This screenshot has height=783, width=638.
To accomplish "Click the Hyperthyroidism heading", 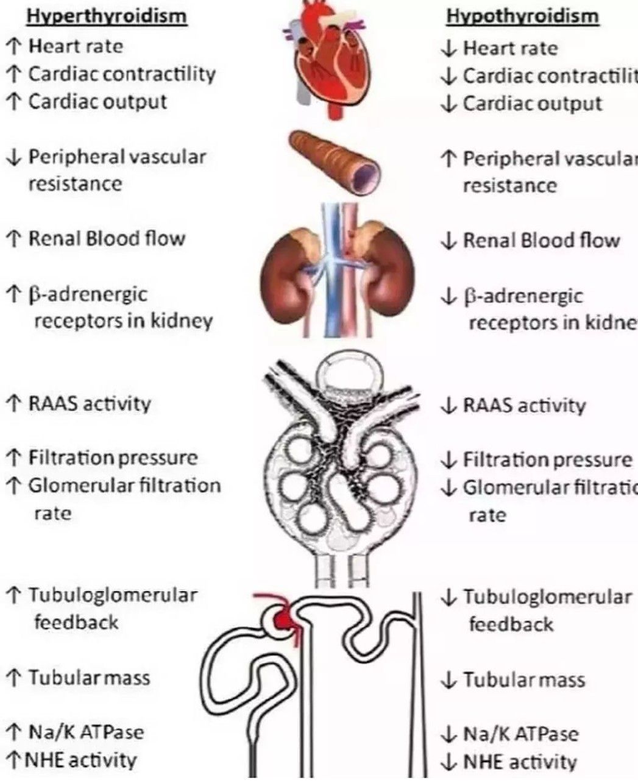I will (107, 16).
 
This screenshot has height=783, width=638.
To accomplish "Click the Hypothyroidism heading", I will (522, 16).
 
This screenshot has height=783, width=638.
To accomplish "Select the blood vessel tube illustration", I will (335, 161).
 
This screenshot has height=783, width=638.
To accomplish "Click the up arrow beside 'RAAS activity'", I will (13, 403).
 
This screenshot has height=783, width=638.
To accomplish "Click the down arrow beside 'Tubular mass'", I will (448, 680).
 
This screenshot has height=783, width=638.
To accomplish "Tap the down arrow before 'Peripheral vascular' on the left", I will (13, 157).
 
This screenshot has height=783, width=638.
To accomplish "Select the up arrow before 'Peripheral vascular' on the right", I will (448, 159).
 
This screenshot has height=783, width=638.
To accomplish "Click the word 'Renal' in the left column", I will (55, 238).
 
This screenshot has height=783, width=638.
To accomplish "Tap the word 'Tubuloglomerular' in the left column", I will (113, 595).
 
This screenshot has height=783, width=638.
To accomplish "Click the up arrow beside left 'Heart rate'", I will (13, 46).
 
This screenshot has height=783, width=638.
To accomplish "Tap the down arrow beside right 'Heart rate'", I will (448, 48).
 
